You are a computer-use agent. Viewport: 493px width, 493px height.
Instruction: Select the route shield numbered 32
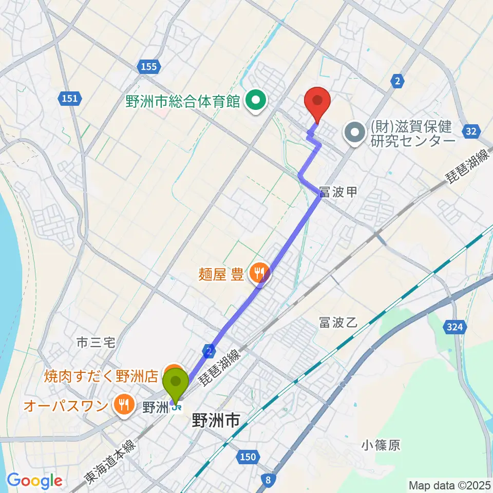471,131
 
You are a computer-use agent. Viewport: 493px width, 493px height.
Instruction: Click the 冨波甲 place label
337,192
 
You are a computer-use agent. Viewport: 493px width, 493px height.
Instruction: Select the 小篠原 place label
381,445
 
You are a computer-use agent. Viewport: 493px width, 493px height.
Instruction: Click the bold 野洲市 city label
215,421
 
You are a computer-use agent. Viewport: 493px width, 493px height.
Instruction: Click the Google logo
34,481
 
